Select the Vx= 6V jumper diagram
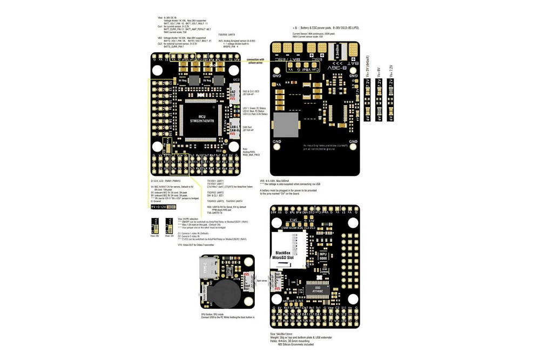[x=379, y=101]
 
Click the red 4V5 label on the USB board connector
[x=246, y=274]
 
